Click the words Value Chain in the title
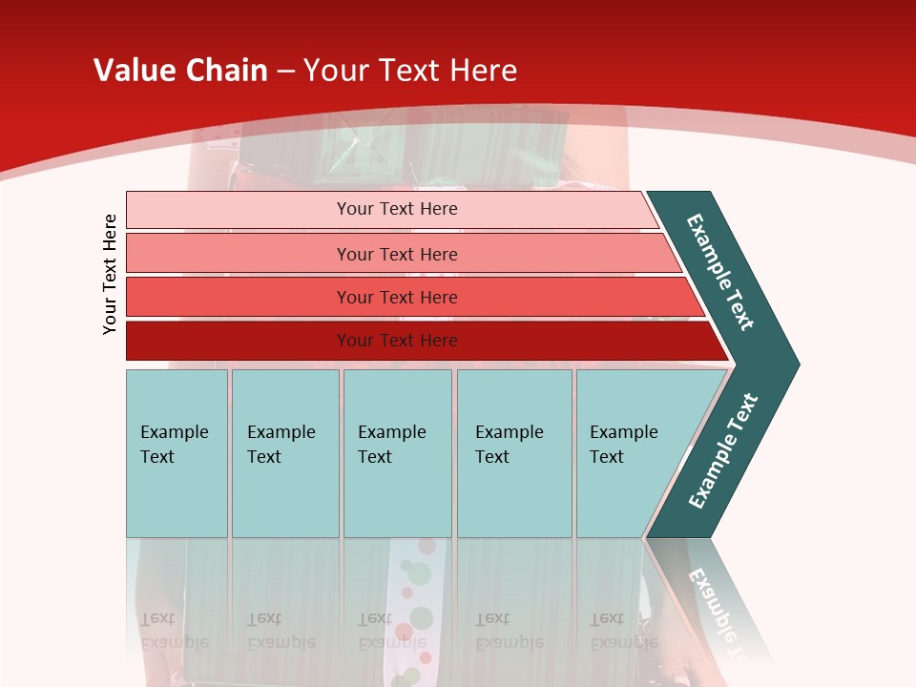[180, 71]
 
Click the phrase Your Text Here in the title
[410, 71]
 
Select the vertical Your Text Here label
[110, 274]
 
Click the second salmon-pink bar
[397, 254]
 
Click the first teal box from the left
[177, 453]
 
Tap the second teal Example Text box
[284, 453]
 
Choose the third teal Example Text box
[397, 453]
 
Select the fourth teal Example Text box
[514, 453]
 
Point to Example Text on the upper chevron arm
[720, 272]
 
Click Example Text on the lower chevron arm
[723, 451]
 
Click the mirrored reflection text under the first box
[174, 631]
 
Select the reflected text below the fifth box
[623, 631]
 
